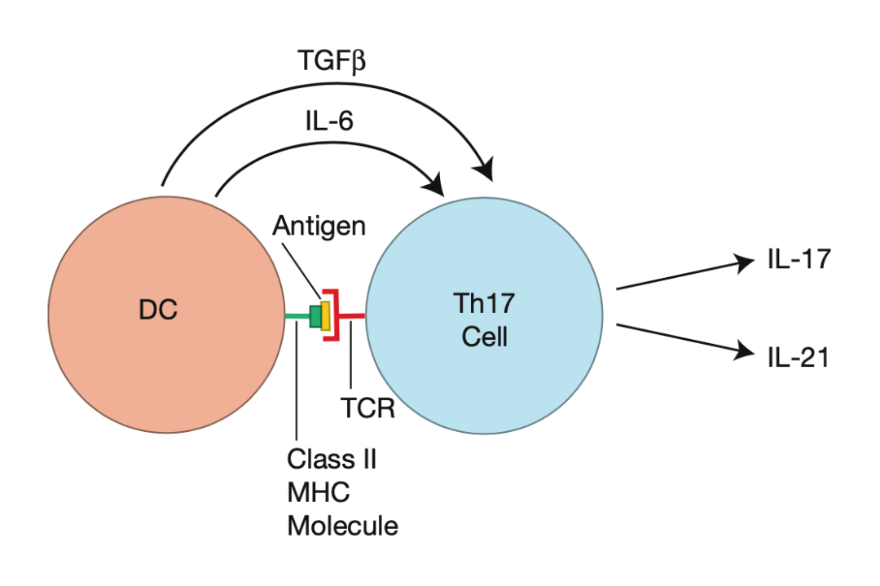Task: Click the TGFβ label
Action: [329, 61]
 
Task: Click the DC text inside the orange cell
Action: [159, 311]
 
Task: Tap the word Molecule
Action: [342, 526]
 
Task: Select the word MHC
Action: [317, 492]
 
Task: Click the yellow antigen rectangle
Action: [325, 315]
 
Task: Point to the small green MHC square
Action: [315, 315]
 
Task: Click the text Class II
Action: [331, 459]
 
